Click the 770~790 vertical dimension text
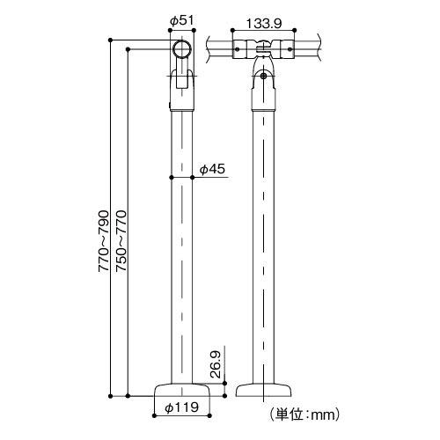pyautogui.click(x=103, y=242)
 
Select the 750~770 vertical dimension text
pyautogui.click(x=121, y=242)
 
